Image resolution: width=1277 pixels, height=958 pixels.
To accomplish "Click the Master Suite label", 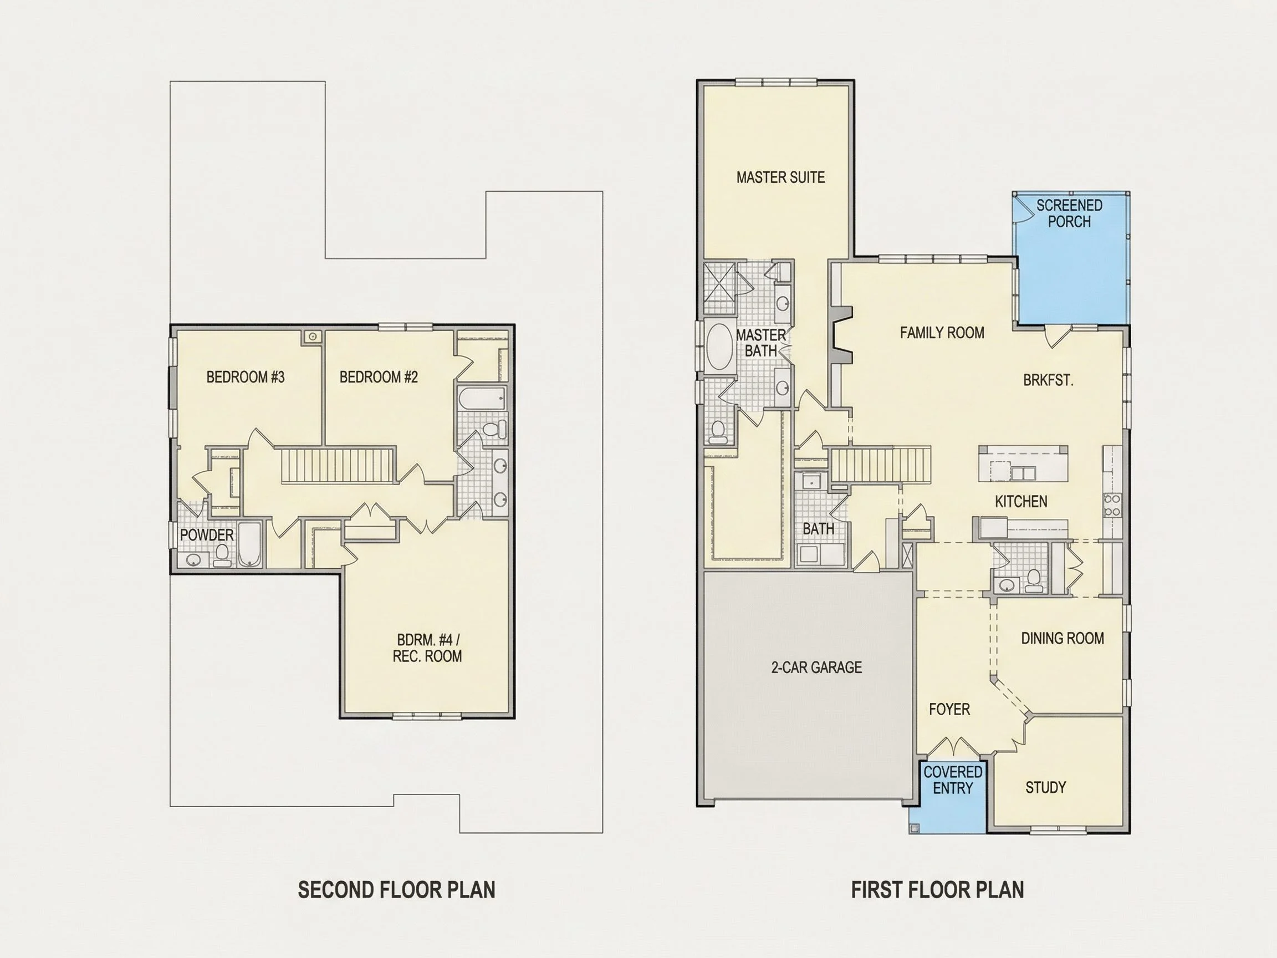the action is point(780,177).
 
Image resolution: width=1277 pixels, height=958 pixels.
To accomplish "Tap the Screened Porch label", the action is point(1069,213).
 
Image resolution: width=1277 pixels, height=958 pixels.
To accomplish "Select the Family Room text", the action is point(942,333).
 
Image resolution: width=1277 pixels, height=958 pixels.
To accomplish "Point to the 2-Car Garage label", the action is point(816,667).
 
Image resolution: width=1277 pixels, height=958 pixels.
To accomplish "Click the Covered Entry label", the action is point(953,779).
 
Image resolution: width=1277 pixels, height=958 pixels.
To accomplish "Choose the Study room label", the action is point(1045,787).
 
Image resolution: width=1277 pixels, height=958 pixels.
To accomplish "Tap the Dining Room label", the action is point(1063,638).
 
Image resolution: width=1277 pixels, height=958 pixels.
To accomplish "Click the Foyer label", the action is point(949,709).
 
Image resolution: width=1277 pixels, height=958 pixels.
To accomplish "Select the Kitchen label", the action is point(1021,501).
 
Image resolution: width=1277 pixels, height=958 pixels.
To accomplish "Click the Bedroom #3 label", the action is point(246,377).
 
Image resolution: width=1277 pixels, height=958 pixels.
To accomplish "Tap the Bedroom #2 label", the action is point(378,377).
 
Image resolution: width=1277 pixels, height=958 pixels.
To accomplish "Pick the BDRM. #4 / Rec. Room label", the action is point(427,648).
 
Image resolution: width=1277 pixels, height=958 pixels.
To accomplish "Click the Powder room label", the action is point(207,535).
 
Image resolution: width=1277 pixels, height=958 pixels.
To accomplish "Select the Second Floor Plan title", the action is point(397,890).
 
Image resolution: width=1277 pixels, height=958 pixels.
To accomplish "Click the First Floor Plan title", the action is point(938,890).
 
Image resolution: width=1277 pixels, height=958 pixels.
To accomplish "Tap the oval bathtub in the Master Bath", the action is point(719,346).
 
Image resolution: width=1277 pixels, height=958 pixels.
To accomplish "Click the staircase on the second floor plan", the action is point(339,465).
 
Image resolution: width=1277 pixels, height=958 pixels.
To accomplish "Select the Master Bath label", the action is point(761,343).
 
